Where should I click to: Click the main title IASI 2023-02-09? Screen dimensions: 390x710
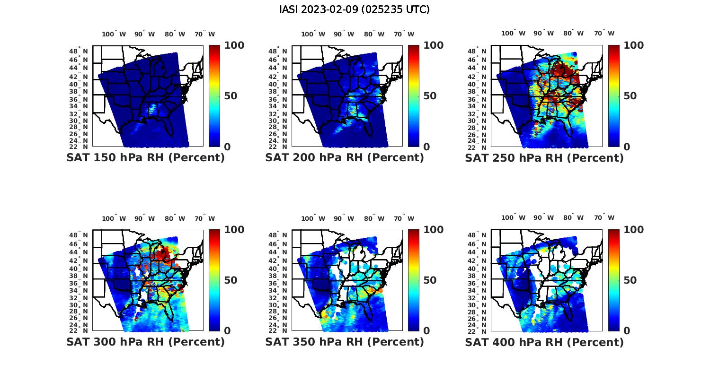coord(355,9)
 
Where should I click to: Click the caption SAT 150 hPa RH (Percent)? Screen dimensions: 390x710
coord(145,158)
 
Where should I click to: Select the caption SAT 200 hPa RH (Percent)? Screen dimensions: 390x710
coord(345,158)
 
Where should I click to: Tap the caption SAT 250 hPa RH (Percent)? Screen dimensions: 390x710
coord(544,158)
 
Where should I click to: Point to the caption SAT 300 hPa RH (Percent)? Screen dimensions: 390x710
coord(145,342)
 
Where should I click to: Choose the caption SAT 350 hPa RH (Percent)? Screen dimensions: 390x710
coord(345,342)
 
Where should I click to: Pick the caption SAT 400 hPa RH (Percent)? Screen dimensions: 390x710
coord(544,342)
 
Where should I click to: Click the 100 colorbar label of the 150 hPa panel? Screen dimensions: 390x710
coord(234,45)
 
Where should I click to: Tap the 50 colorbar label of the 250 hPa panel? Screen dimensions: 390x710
coord(630,96)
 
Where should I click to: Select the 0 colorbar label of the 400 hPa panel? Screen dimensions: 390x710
coord(627,331)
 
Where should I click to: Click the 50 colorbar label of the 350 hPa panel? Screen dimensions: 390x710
coord(429,280)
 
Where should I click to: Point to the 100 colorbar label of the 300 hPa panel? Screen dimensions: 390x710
coord(234,230)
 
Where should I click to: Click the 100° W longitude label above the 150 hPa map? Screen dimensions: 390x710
coord(114,34)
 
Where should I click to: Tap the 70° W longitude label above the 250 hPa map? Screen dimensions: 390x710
coord(604,33)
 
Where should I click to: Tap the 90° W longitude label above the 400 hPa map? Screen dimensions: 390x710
coord(543,217)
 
